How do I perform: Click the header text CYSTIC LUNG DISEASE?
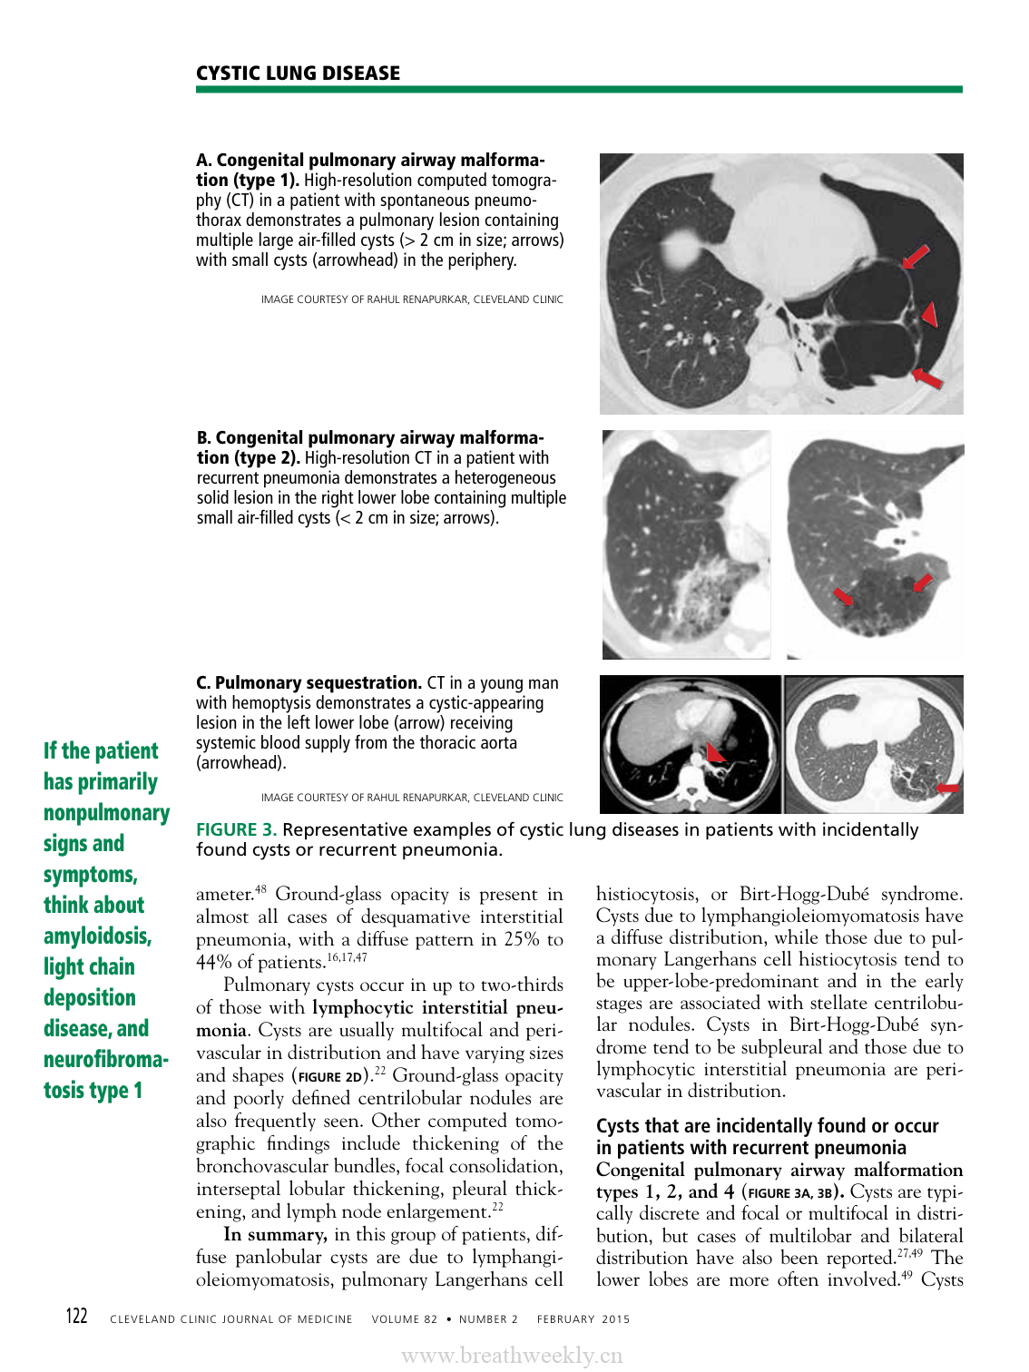(298, 73)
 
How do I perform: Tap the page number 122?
(77, 1317)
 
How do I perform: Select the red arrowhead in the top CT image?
(929, 314)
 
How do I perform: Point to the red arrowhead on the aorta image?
(716, 752)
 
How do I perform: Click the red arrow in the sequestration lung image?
(946, 788)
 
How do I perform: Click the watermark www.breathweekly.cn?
(512, 1356)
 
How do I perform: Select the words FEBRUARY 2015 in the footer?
(583, 1319)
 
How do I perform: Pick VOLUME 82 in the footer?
(404, 1319)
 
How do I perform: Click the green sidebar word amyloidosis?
(97, 936)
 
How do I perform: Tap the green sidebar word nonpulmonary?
(106, 813)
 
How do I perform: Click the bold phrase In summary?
(275, 1235)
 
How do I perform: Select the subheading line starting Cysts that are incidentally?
(767, 1126)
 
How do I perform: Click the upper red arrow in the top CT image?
(916, 256)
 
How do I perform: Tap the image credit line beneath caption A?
(412, 299)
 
